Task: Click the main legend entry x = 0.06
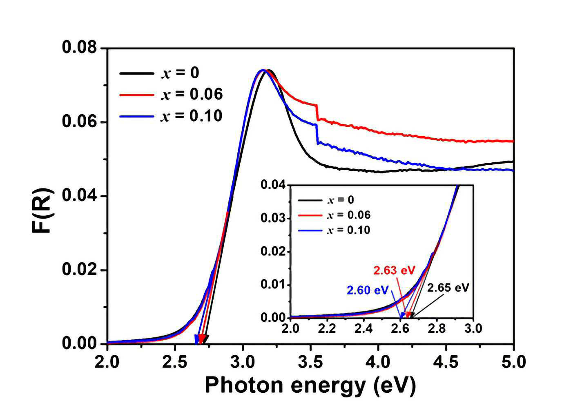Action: [171, 95]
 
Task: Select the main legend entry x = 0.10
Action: [171, 116]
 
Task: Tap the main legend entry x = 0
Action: [159, 73]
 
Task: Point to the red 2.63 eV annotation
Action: [394, 270]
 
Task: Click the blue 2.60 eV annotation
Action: [368, 290]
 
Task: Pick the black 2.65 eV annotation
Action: [448, 288]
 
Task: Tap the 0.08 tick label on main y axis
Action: [80, 48]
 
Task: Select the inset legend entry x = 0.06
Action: [334, 215]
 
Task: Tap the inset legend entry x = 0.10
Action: [334, 230]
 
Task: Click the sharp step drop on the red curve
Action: [317, 112]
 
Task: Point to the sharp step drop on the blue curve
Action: [317, 134]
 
